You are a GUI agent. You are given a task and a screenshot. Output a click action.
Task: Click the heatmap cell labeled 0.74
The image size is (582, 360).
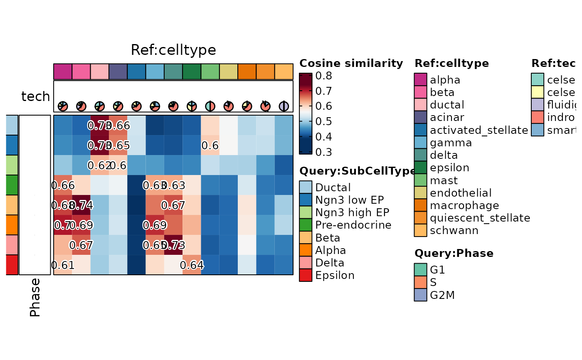[81, 205]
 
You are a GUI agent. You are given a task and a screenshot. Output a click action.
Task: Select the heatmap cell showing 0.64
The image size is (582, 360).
[192, 265]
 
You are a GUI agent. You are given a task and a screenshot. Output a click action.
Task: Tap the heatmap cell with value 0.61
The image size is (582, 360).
[63, 265]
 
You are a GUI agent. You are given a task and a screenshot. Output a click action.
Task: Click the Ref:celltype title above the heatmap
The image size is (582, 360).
[173, 50]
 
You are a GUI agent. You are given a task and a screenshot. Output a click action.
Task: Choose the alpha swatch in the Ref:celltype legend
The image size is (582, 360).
[420, 79]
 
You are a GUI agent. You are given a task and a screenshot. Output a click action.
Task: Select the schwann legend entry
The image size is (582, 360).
[454, 230]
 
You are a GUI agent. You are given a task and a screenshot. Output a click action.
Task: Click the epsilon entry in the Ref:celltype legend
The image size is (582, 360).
[449, 168]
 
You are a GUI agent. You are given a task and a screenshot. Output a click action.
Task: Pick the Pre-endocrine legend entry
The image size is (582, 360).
[353, 225]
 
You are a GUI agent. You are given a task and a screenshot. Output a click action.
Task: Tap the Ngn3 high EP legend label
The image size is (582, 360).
[352, 212]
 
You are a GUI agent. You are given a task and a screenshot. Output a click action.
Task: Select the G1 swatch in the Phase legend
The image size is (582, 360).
[420, 270]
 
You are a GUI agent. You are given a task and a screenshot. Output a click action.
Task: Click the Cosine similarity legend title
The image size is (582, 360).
[351, 63]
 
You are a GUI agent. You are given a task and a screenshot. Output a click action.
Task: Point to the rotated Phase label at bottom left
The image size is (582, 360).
[35, 297]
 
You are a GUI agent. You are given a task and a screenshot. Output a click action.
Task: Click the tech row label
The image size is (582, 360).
[35, 96]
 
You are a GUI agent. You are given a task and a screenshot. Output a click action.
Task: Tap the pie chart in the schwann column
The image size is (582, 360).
[284, 106]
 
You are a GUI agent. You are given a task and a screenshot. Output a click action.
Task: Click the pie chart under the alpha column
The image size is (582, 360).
[63, 106]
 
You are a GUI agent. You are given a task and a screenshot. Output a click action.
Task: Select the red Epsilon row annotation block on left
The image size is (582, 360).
[12, 265]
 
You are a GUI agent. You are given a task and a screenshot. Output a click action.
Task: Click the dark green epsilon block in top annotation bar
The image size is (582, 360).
[192, 71]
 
